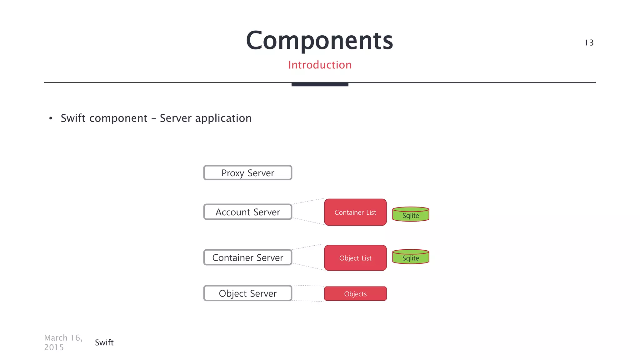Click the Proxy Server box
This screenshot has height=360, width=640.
[247, 173]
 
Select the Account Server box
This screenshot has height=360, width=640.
[247, 212]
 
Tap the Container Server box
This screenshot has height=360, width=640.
[247, 257]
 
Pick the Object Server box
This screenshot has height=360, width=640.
[247, 293]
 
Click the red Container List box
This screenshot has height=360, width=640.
[355, 212]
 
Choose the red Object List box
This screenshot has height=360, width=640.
[355, 258]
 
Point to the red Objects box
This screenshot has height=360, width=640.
[355, 294]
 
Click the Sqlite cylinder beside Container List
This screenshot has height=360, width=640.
[411, 214]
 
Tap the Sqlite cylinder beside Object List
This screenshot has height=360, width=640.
[411, 257]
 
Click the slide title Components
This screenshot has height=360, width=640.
[319, 41]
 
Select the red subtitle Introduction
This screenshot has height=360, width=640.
[320, 65]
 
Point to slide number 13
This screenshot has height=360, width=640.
[589, 42]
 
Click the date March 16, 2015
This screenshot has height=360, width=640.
[63, 342]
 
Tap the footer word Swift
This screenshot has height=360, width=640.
[104, 342]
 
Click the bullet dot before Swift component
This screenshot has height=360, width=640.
[51, 118]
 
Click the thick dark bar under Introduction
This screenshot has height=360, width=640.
[320, 84]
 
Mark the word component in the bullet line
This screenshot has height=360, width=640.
[118, 118]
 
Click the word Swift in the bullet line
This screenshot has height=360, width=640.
[73, 118]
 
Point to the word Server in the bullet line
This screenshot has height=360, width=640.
[176, 118]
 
